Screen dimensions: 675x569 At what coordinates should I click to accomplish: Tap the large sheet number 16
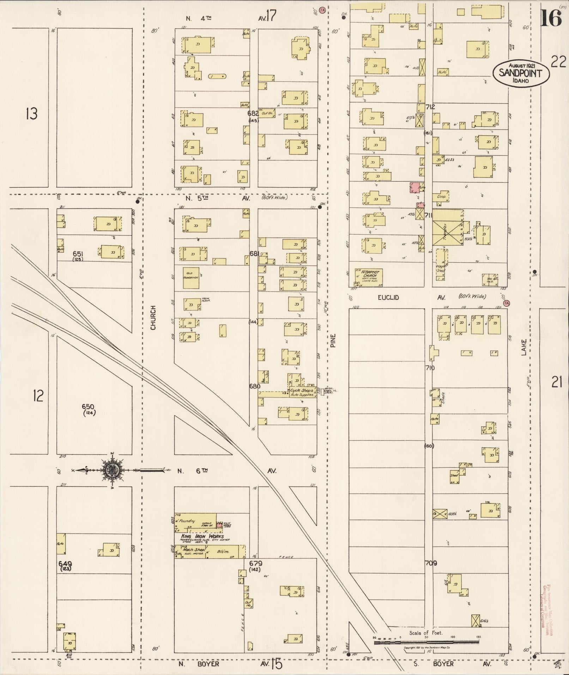click(x=551, y=18)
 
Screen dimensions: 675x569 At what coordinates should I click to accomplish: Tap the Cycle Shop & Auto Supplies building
click(x=302, y=392)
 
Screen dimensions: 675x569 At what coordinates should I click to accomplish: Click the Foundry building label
click(x=187, y=521)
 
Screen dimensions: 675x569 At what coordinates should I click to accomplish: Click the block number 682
click(x=253, y=113)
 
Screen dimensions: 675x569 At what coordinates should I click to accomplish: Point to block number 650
click(x=88, y=406)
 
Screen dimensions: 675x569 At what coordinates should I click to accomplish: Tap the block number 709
click(x=431, y=563)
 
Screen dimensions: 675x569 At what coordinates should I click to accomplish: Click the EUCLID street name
click(x=388, y=297)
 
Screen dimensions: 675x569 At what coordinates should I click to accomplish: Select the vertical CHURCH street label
click(x=153, y=318)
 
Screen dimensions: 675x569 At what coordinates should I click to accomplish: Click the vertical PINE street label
click(x=333, y=340)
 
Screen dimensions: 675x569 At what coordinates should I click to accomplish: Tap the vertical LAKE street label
click(x=523, y=347)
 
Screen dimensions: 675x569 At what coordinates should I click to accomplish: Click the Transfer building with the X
click(x=447, y=227)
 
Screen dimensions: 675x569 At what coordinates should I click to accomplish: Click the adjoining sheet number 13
click(x=31, y=114)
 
